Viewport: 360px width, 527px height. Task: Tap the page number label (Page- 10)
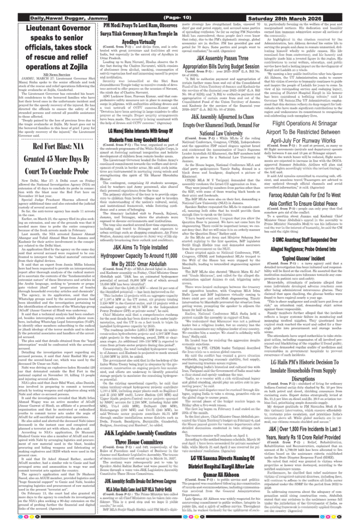coord(181,18)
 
